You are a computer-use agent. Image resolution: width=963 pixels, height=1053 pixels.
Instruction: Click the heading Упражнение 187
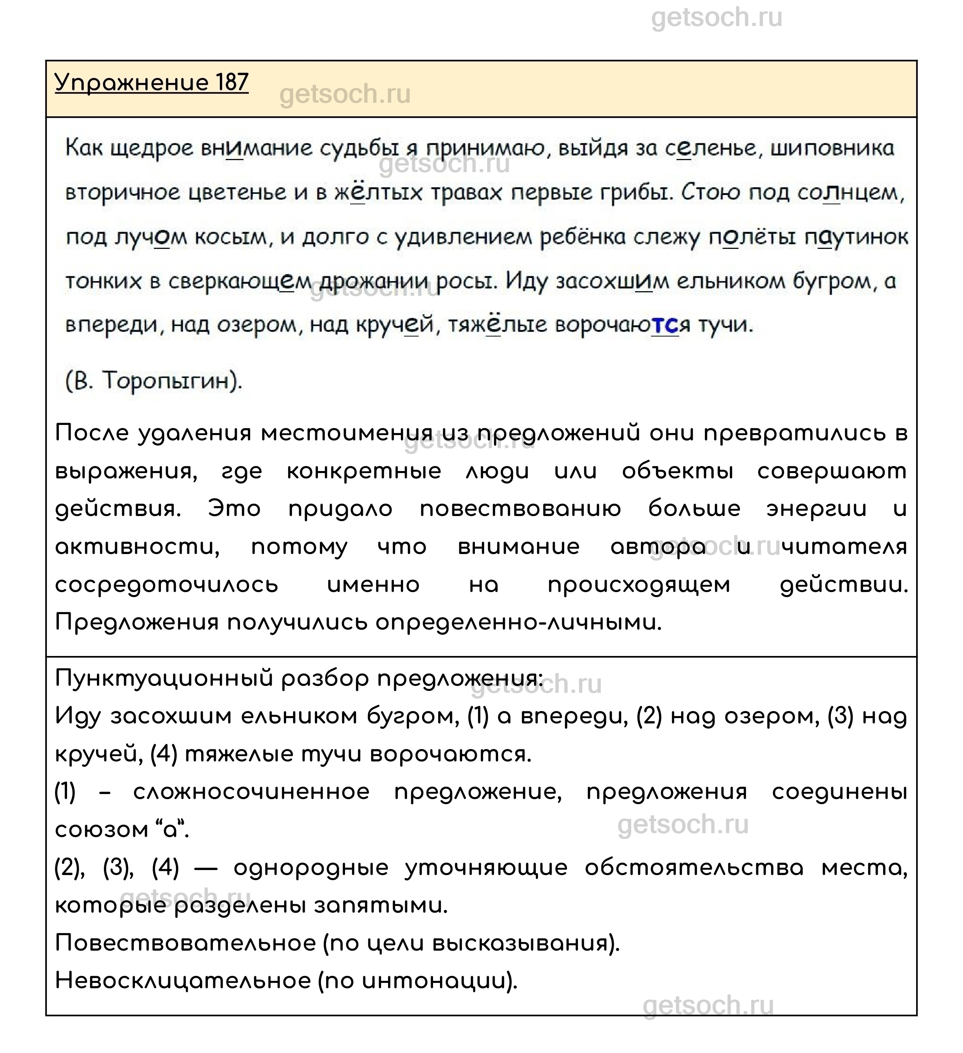152,83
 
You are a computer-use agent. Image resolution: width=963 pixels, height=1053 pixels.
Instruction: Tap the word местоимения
347,433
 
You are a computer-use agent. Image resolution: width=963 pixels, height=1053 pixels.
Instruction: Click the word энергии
816,509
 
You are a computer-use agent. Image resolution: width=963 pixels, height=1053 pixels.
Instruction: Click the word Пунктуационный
164,679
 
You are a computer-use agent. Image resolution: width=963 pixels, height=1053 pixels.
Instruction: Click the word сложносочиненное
251,792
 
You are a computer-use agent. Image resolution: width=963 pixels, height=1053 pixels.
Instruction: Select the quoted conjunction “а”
172,829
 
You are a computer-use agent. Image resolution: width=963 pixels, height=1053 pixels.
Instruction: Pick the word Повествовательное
185,943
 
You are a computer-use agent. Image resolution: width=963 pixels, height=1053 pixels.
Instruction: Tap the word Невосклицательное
183,981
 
